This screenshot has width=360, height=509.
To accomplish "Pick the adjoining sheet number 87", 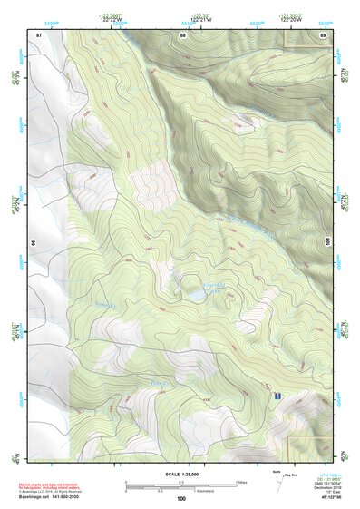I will (39, 34).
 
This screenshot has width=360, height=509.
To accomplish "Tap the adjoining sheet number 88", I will (182, 34).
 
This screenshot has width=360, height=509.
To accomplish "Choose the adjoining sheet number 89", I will (322, 34).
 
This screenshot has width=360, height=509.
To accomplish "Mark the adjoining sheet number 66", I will (33, 243).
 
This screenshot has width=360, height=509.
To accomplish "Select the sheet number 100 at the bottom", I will (181, 498).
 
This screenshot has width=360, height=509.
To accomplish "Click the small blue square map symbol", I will (276, 396).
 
